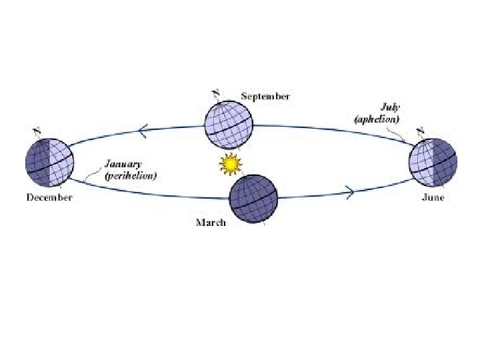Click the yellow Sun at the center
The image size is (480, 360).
pos(229,163)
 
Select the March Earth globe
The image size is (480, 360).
pos(253,197)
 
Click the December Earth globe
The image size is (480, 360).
pos(49,163)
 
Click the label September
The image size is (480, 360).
pos(265,97)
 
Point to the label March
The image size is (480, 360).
pos(210,223)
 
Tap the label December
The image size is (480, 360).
pos(49,197)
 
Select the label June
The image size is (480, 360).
pos(433,197)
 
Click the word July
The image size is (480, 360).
pos(390,107)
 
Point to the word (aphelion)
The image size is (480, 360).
pos(377,119)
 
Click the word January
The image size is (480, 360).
pos(123,164)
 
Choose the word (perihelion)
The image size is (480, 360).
pos(131,177)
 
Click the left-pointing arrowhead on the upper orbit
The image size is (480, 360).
pos(142,132)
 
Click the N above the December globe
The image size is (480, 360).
pos(37,130)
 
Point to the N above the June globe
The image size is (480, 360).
pos(421,130)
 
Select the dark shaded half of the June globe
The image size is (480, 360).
pos(444,164)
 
